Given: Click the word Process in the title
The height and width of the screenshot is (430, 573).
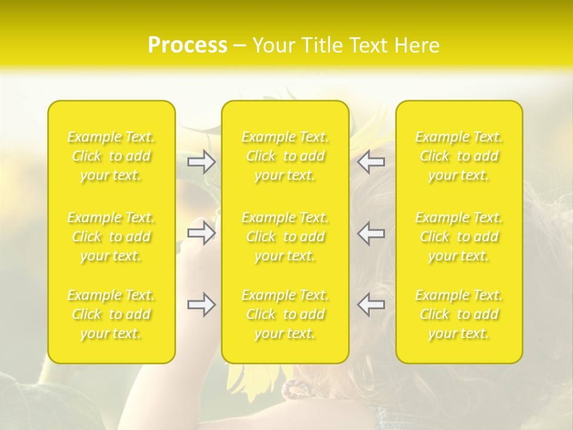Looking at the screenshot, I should tap(187, 45).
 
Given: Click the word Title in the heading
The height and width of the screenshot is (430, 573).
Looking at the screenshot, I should tap(325, 45).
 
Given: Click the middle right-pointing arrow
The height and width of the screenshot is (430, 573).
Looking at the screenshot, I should tap(202, 233).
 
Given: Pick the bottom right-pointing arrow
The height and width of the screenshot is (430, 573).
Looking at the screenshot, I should tap(202, 305).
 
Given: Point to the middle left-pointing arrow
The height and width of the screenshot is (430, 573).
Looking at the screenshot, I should tap(371, 233).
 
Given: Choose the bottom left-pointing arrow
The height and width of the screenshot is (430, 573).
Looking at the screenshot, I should tap(371, 305).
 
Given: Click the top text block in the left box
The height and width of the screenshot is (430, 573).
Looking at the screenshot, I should tap(111, 156).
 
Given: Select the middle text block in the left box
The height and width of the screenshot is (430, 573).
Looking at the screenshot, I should tap(111, 236).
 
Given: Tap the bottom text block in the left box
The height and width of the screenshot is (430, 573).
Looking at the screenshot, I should tap(111, 314).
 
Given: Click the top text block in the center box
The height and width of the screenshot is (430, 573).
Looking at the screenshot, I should tap(285, 156).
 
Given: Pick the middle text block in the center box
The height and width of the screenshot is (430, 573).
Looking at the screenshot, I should tap(285, 236).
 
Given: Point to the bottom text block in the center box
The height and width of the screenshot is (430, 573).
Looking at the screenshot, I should tap(285, 314).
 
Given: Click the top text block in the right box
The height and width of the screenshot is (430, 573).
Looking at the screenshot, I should tap(459, 156).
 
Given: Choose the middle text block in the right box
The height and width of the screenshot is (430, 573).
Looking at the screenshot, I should tap(459, 236).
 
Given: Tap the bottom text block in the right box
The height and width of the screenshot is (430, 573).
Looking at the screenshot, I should tap(459, 314).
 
